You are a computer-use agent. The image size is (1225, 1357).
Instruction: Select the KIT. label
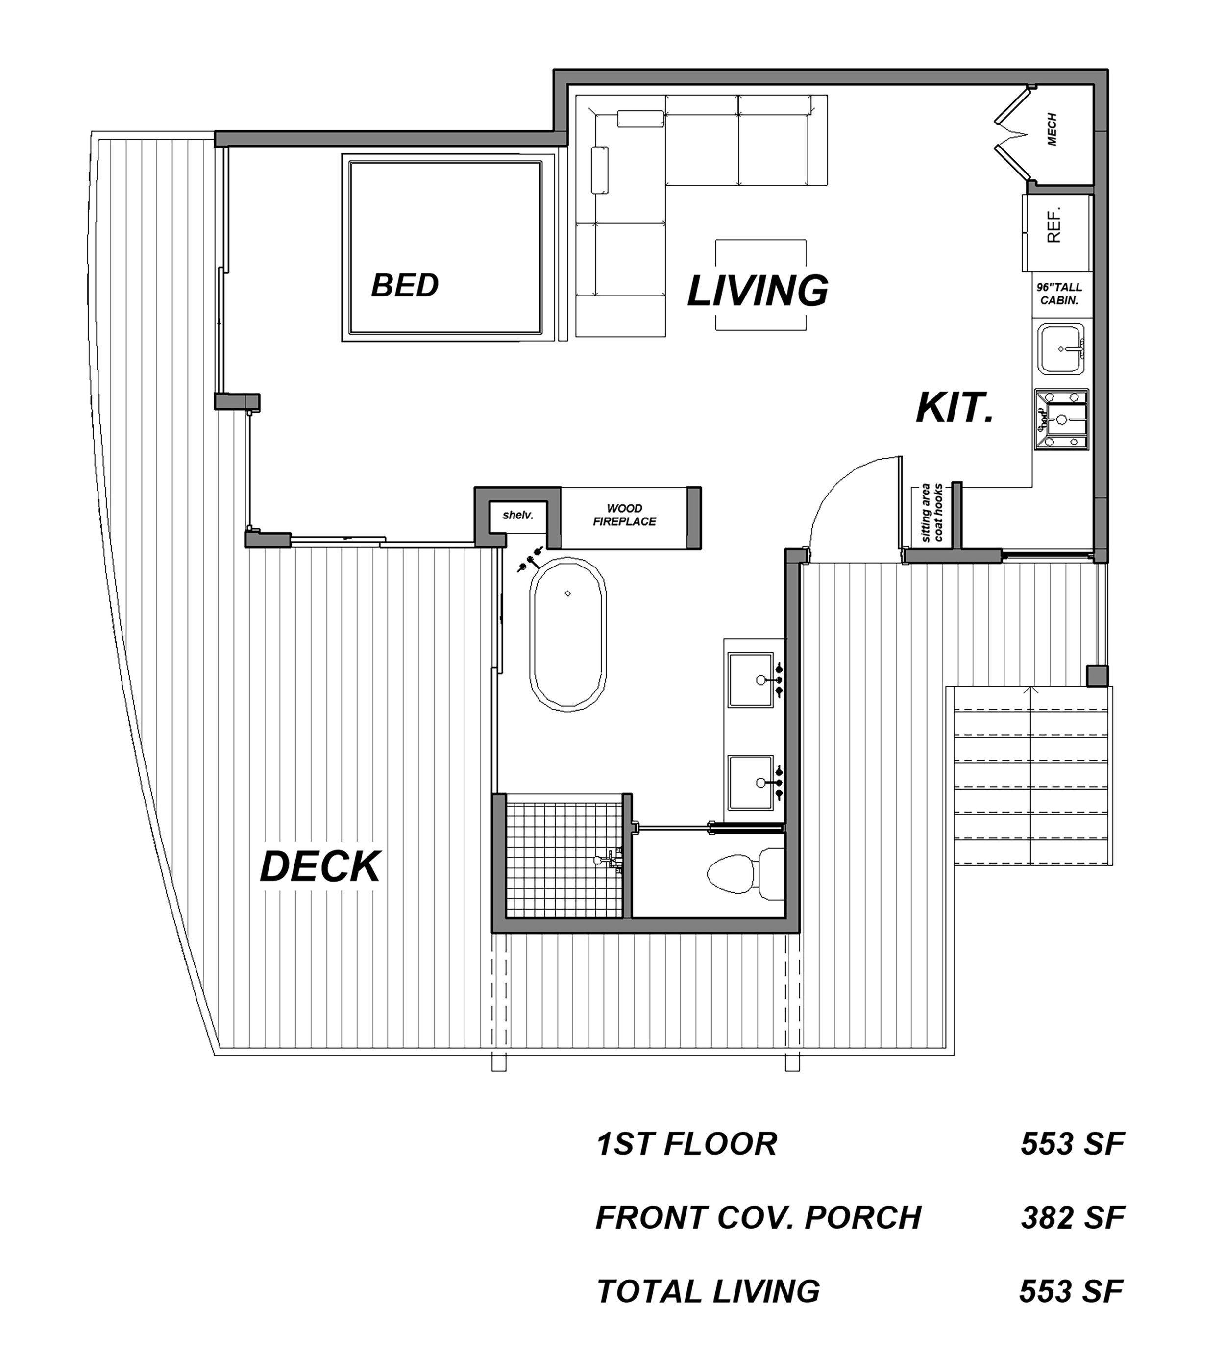tap(955, 409)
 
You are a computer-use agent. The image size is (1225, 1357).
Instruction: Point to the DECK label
tap(320, 867)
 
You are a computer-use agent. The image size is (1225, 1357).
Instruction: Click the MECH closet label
tap(1052, 129)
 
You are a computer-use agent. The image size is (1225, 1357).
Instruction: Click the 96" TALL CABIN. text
tap(1059, 294)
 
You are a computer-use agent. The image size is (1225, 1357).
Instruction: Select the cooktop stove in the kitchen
tap(1061, 419)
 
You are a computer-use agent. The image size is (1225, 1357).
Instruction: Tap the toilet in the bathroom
tap(744, 874)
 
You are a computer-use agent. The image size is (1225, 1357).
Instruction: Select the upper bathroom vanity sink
tap(751, 679)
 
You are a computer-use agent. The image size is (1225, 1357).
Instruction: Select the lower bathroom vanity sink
tap(751, 782)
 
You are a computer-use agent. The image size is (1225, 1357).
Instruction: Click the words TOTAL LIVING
tap(708, 1291)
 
